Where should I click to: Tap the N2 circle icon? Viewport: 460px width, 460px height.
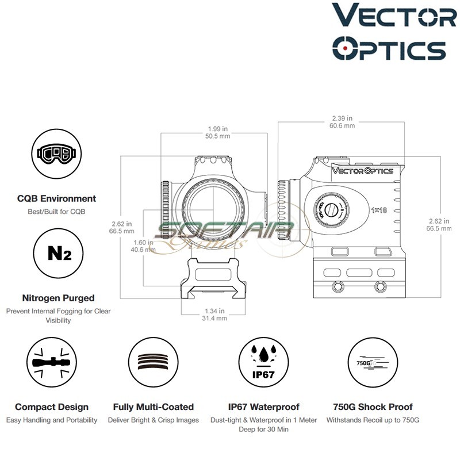point(56,254)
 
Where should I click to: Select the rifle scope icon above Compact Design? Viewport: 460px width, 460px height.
point(52,362)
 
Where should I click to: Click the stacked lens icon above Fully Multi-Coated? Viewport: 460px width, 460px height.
point(154,362)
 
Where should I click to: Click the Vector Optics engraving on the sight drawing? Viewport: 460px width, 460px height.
point(363,171)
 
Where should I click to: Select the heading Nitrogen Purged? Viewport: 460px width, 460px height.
point(58,298)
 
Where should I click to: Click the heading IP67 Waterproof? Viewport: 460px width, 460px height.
point(264,407)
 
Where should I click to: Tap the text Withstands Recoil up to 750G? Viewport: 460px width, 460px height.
point(373,420)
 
